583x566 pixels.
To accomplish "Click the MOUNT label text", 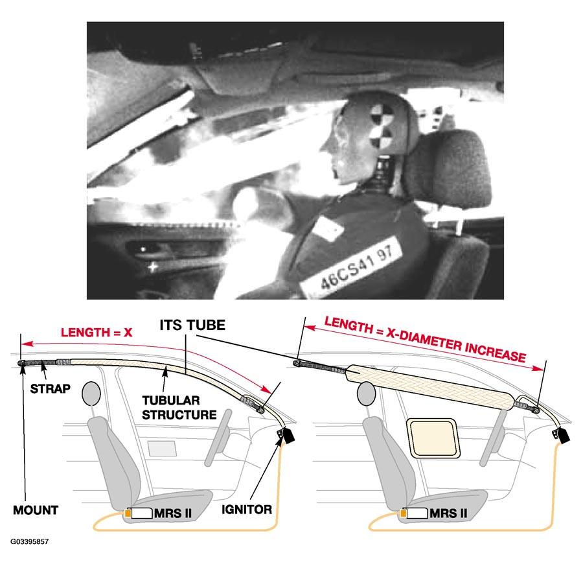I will (36, 510).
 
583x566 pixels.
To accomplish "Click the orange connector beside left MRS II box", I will (128, 514).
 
